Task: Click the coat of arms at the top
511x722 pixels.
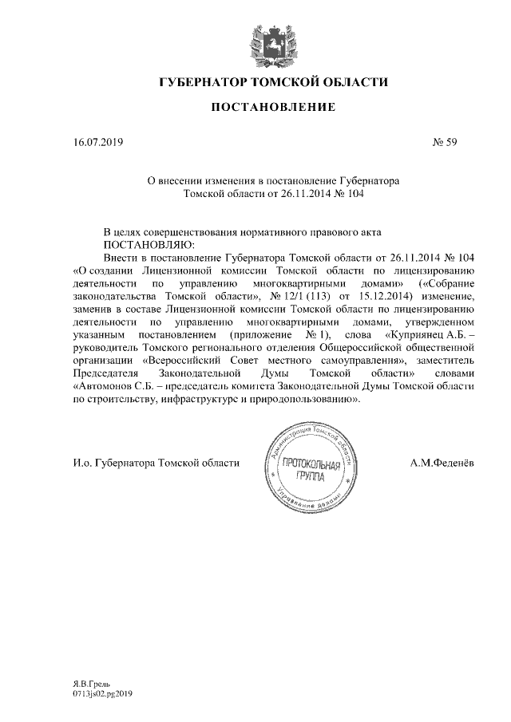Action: [x=255, y=44]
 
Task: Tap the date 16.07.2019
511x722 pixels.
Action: [x=94, y=144]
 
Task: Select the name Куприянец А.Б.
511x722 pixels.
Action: [x=428, y=335]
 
